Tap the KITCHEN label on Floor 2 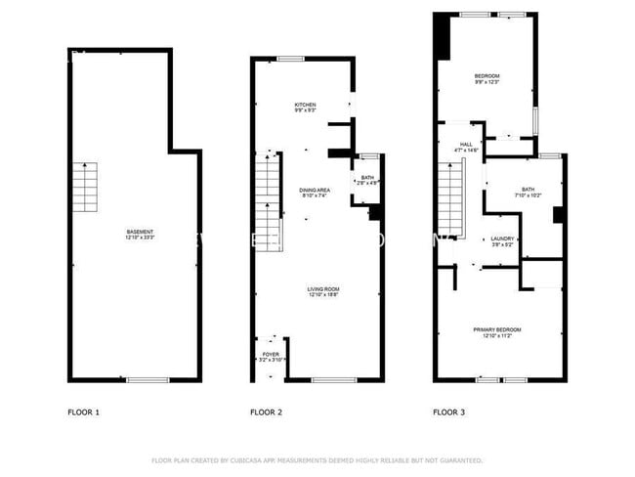[x=306, y=108]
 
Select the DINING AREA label [x=314, y=193]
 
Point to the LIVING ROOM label [x=323, y=290]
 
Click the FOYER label [x=271, y=357]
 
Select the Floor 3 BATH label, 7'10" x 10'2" [x=528, y=193]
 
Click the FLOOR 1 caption [x=83, y=412]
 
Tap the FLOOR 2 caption [x=267, y=412]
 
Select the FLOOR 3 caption [x=448, y=412]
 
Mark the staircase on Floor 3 [x=450, y=200]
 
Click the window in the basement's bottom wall [x=142, y=379]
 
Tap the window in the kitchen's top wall [x=290, y=59]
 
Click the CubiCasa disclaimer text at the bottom [x=317, y=459]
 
